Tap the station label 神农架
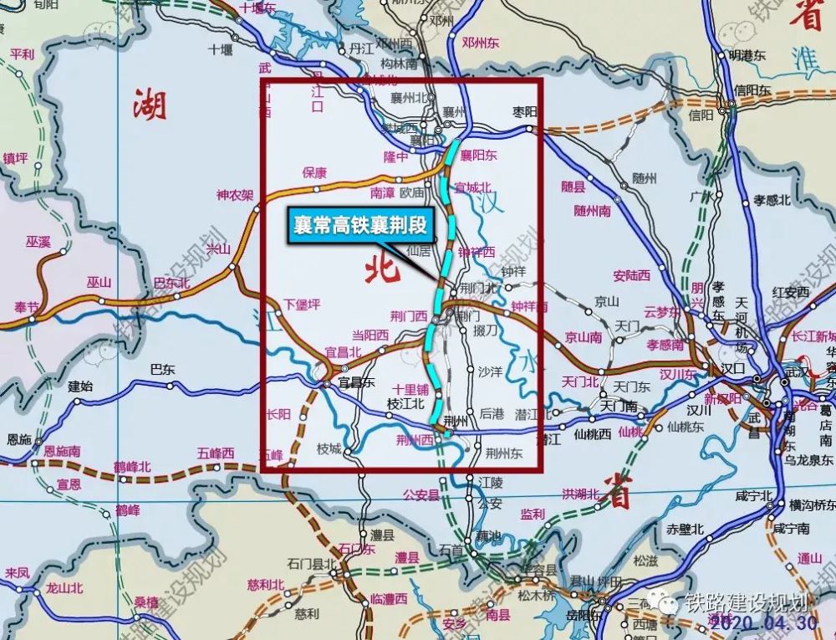(x=234, y=196)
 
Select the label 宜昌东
(x=354, y=383)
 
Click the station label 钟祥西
(x=477, y=251)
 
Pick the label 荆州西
(x=418, y=438)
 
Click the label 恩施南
(x=62, y=451)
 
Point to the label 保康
(x=314, y=173)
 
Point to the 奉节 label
(x=20, y=308)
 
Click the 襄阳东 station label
(x=479, y=155)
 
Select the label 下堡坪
(x=301, y=305)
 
